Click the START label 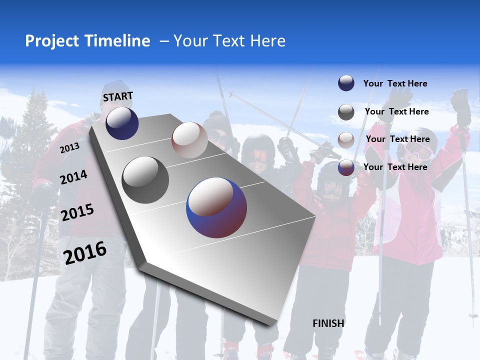[x=118, y=96]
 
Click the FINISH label [x=328, y=323]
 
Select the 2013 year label [x=69, y=148]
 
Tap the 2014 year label [x=73, y=177]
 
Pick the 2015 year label [x=77, y=212]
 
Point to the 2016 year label [x=85, y=253]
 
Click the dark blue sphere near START [x=122, y=123]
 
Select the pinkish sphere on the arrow [x=189, y=140]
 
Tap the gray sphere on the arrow [x=145, y=180]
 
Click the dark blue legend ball [x=346, y=83]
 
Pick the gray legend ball [x=346, y=112]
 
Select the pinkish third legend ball [x=346, y=139]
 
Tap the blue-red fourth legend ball [x=346, y=167]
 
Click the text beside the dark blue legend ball [x=395, y=83]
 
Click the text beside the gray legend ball [x=396, y=111]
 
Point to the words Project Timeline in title [x=87, y=41]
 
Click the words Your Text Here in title [x=229, y=41]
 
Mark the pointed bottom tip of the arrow [x=272, y=325]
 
